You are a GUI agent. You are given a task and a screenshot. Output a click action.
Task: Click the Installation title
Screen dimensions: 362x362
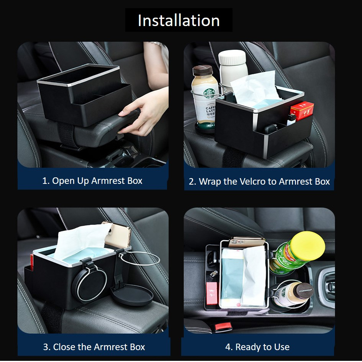[x=179, y=21]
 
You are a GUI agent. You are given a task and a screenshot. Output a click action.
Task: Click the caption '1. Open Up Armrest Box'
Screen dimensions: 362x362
[x=92, y=181]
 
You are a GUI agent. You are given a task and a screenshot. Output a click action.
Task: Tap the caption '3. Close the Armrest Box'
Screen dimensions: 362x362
[x=94, y=347]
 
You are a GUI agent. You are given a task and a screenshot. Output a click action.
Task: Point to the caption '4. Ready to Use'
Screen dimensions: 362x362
[x=257, y=347]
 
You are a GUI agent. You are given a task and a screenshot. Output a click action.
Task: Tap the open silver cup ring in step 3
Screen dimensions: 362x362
[x=139, y=259]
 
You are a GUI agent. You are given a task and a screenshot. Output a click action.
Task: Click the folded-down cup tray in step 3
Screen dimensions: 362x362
[x=132, y=295]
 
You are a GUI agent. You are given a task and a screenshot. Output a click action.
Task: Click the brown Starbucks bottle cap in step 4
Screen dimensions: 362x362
[x=305, y=291]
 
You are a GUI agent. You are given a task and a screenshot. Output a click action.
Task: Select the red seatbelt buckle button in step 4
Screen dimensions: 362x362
[x=223, y=327]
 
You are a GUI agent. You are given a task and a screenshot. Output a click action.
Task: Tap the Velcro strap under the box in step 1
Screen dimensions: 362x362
[x=67, y=135]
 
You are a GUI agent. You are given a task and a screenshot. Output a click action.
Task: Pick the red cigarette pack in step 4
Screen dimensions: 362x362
[x=212, y=293]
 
